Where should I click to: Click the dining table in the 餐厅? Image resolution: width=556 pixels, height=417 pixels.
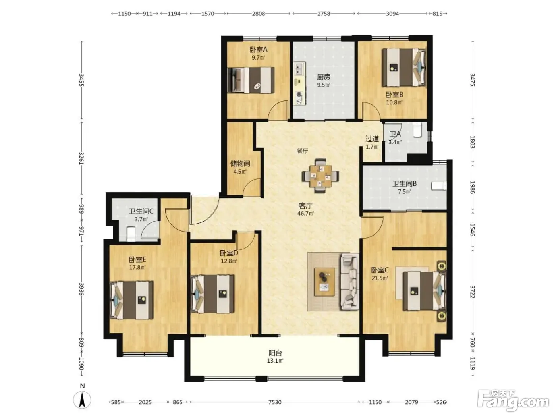pos(320,176)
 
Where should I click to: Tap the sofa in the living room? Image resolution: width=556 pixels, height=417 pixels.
pos(349,282)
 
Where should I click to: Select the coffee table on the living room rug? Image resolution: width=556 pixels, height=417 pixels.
pos(324,282)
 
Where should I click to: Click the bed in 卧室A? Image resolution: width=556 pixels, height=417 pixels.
pos(251,80)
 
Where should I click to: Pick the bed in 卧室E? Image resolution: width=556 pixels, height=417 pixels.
pos(131,300)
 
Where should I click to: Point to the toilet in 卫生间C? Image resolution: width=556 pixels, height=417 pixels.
pos(131,233)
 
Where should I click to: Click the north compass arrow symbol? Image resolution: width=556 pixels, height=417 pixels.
pos(82,399)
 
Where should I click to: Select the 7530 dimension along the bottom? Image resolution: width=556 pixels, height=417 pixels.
pos(275,402)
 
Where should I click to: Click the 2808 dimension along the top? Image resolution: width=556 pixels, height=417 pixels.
pos(259,14)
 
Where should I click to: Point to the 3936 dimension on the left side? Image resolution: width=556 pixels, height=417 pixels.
pos(81,289)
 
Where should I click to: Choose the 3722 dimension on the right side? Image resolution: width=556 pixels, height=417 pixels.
pos(473,292)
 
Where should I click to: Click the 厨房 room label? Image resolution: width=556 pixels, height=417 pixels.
pos(323,77)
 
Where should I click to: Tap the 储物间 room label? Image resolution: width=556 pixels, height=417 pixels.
pos(240,164)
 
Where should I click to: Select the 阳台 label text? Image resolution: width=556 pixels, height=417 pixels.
pos(275,353)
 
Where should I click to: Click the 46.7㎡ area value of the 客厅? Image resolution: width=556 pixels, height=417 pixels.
pos(305,213)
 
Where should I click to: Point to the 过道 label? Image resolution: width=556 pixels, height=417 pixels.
pos(372,139)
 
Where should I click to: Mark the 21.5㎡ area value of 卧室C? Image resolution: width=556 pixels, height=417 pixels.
pos(380,278)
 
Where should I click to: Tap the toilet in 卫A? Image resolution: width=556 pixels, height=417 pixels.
pos(417,129)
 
